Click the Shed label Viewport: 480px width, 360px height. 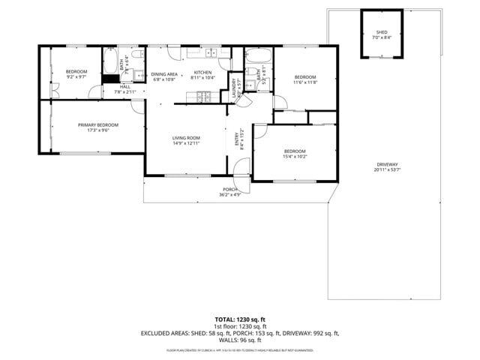pos(382,32)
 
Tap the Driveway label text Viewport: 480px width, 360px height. pos(388,164)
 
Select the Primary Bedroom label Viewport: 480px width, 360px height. pos(98,124)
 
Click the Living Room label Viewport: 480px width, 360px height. pos(186,137)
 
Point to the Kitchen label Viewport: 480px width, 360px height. pos(202,73)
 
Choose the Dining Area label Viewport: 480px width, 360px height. pos(164,73)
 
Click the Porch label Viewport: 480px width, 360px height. pos(229,189)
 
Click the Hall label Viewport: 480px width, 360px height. pos(124,87)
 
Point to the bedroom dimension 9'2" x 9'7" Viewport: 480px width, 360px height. pos(76,76)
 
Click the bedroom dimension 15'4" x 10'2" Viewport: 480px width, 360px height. pos(294,156)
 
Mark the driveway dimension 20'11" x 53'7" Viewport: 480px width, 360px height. pos(388,169)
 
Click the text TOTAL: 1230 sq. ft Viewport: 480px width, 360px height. pos(240,319)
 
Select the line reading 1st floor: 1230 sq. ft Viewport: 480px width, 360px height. pos(240,326)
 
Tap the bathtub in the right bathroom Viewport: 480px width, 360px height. pos(259,55)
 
